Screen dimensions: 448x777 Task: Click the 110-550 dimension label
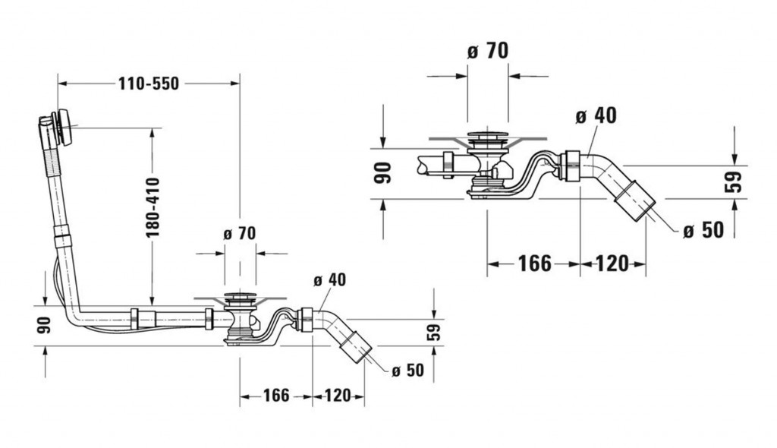click(x=148, y=84)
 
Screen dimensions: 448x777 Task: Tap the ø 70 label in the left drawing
click(x=240, y=234)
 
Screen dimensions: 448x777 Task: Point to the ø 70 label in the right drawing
click(x=487, y=52)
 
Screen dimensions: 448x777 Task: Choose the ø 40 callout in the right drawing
click(x=596, y=115)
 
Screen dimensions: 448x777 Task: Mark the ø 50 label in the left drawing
click(x=408, y=371)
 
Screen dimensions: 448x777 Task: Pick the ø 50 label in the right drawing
click(x=703, y=230)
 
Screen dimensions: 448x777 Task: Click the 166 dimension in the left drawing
click(x=276, y=396)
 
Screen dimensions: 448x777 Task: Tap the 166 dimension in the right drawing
click(x=534, y=263)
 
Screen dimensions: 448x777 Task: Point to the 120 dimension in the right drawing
click(x=612, y=263)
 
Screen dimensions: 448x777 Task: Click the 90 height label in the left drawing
click(x=44, y=324)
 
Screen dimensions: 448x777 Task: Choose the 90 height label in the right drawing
click(x=383, y=173)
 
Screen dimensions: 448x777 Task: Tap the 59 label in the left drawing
click(x=434, y=331)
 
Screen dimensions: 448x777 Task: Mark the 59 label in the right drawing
click(x=733, y=181)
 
